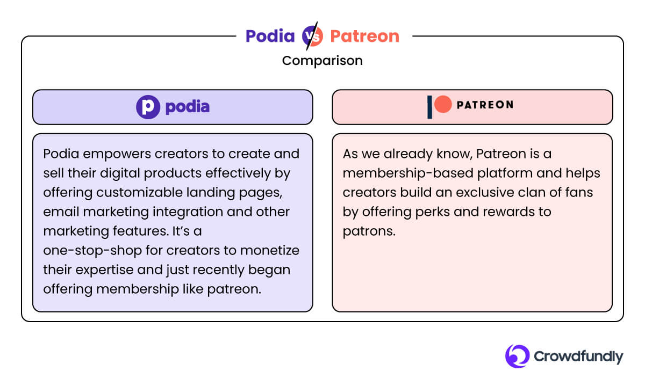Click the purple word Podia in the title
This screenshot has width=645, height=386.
pos(270,36)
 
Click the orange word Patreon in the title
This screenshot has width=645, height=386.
pos(364,36)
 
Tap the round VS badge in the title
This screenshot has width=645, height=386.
pos(312,36)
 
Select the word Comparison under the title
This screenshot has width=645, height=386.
pos(322,61)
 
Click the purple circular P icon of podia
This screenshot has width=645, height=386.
pos(148,107)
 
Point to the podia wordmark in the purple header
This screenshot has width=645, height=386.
pos(187,107)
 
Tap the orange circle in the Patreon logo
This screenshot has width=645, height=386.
pos(443,105)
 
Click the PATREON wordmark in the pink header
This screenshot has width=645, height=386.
pos(484,105)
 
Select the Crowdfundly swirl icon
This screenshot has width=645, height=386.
pos(517,356)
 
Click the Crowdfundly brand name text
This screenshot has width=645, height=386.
pos(578,356)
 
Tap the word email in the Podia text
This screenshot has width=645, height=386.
pos(58,212)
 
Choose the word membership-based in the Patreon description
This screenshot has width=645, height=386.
pos(397,173)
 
